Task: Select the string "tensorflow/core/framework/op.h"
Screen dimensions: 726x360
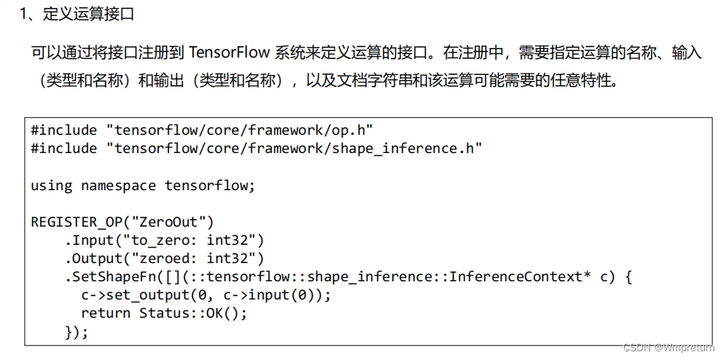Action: tap(240, 130)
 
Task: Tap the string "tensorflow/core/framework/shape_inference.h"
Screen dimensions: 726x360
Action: tap(294, 149)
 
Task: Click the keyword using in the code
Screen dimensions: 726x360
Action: tap(52, 185)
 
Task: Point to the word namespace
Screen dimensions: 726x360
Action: tap(119, 185)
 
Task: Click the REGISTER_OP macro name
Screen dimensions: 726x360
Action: tap(73, 222)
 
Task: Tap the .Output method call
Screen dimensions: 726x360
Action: tap(94, 258)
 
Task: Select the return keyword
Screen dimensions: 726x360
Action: tap(106, 313)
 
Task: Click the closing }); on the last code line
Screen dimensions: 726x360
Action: tap(77, 332)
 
